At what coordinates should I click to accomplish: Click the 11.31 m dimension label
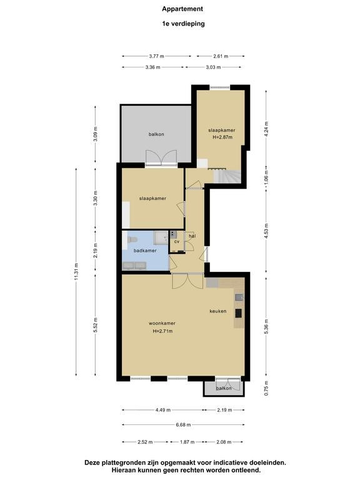coord(76,271)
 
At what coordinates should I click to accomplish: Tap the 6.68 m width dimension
coord(183,424)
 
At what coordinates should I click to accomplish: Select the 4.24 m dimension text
coord(266,128)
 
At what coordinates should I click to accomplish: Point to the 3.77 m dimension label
coord(156,56)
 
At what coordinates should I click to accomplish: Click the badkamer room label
coord(145,251)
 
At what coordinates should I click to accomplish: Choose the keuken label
coord(218,311)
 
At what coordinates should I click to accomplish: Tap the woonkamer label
coord(162,323)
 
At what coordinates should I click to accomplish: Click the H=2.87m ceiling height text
coord(222,137)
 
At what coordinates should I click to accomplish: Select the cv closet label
coord(177,241)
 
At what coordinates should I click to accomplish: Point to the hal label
coord(192,236)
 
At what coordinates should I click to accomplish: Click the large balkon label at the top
coord(156,134)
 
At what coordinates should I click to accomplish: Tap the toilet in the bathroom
coord(132,239)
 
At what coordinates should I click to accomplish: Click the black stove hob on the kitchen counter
coord(238,313)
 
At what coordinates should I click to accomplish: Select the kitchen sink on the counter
coord(239,297)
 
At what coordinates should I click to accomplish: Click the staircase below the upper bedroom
coord(227,177)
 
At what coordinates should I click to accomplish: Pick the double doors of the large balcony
coord(161,158)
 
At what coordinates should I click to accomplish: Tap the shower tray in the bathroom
coord(161,238)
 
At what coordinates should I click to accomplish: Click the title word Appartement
coord(182,9)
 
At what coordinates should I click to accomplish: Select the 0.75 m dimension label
coord(266,388)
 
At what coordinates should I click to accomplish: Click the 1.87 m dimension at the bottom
coord(187,442)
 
